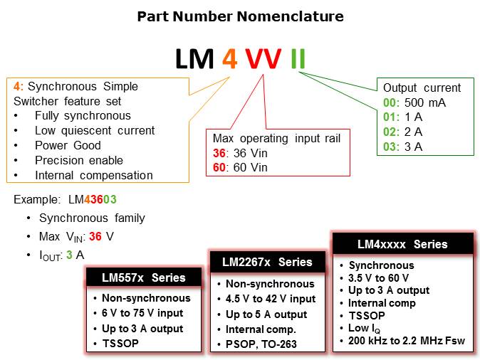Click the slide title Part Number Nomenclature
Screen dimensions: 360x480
(240, 16)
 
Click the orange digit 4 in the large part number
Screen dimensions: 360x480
(229, 58)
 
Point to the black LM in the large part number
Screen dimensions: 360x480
(194, 58)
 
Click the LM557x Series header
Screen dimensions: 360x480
(143, 277)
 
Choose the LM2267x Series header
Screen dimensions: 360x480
(266, 262)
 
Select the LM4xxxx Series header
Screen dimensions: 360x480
(402, 244)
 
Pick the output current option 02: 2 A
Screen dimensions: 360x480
(403, 132)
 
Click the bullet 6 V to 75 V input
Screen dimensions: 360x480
(142, 313)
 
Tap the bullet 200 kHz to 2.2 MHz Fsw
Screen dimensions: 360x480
(406, 341)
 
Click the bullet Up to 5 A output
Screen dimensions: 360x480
(266, 314)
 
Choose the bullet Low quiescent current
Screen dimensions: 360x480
(94, 130)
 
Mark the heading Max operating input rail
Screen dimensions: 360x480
(278, 138)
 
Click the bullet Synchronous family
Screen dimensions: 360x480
(92, 218)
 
